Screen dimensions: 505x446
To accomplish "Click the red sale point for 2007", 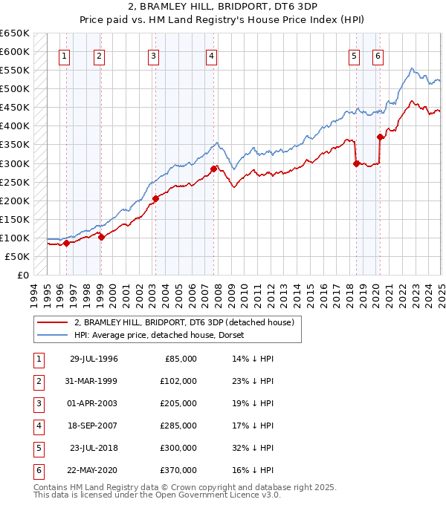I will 213,169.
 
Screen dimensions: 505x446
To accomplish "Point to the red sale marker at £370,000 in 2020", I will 380,137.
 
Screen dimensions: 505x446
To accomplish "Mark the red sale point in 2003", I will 156,198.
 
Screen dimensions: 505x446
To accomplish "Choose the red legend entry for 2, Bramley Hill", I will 184,322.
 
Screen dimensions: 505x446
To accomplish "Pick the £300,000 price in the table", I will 180,448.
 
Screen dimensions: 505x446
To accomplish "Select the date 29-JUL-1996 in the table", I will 94,359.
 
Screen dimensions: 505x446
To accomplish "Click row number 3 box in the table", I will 37,403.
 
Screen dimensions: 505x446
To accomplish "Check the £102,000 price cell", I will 180,381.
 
